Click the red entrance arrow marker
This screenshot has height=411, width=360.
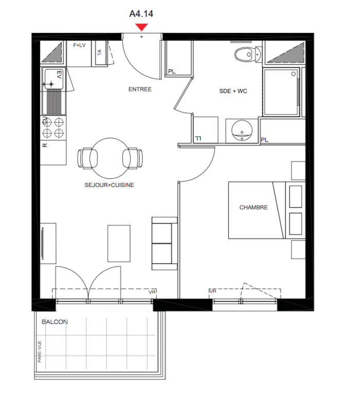141,27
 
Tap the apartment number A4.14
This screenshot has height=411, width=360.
141,14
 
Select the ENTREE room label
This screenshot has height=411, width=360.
140,89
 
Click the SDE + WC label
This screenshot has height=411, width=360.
233,91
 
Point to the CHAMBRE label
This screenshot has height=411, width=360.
254,208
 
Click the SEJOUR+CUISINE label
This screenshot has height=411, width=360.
109,185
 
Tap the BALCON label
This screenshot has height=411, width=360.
55,322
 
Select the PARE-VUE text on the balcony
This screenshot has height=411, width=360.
40,351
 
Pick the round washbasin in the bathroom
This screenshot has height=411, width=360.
242,130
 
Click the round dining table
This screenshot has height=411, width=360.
110,158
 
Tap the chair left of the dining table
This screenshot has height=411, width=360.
87,158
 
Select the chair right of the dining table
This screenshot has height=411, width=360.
133,158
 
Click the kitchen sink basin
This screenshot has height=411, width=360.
53,79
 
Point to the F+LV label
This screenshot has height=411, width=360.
79,45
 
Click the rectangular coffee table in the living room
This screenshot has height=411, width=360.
119,244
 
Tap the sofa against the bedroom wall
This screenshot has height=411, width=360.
165,244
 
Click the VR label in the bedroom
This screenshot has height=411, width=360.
212,291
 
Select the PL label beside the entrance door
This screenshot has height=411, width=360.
172,71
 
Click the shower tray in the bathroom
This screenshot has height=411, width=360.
281,92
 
